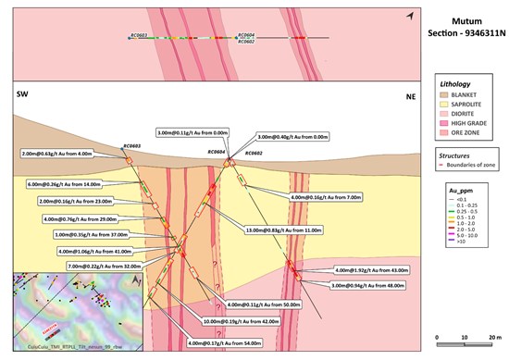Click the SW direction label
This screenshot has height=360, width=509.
coord(21,95)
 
